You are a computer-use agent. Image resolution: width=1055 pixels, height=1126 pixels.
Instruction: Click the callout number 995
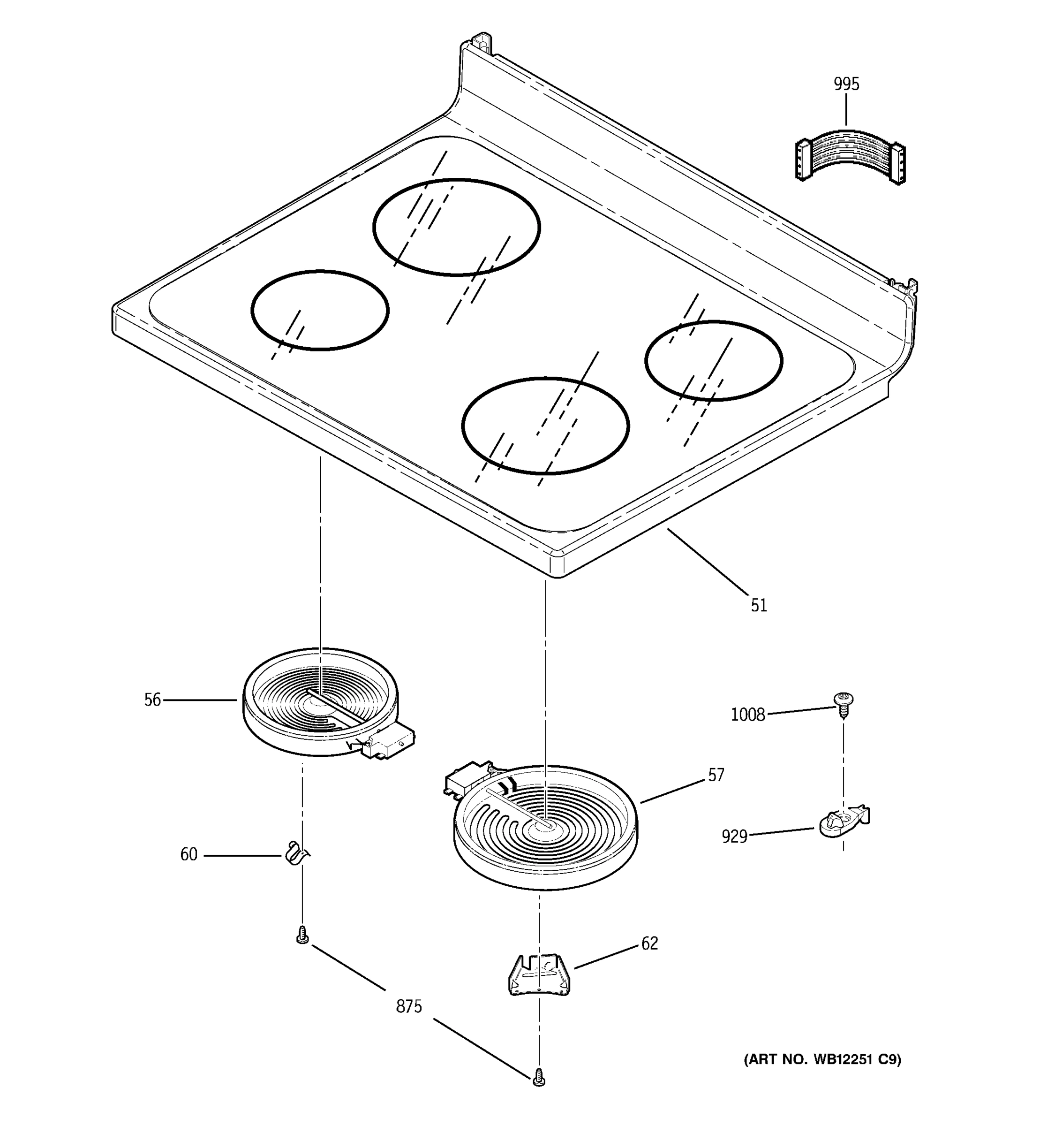tap(845, 84)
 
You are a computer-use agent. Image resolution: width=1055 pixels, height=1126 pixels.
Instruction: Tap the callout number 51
tap(758, 606)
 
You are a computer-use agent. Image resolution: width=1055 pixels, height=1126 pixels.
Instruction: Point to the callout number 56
tap(152, 700)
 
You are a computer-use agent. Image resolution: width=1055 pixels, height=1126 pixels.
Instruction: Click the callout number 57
tap(716, 776)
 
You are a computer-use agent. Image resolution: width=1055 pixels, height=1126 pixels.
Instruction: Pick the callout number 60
tap(188, 855)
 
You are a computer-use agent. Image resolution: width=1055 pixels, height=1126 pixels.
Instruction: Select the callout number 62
tap(649, 943)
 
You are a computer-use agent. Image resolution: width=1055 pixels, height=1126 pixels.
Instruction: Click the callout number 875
tap(409, 1007)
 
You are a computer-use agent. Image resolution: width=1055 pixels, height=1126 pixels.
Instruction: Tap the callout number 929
tap(734, 837)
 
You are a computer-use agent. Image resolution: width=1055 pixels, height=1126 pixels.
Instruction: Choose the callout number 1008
tap(747, 715)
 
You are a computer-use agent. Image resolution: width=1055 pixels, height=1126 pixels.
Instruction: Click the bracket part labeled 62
tap(539, 974)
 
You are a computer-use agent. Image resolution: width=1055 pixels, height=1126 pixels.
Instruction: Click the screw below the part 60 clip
tap(303, 935)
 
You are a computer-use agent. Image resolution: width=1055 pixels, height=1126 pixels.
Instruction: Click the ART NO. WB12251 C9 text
tap(822, 1059)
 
